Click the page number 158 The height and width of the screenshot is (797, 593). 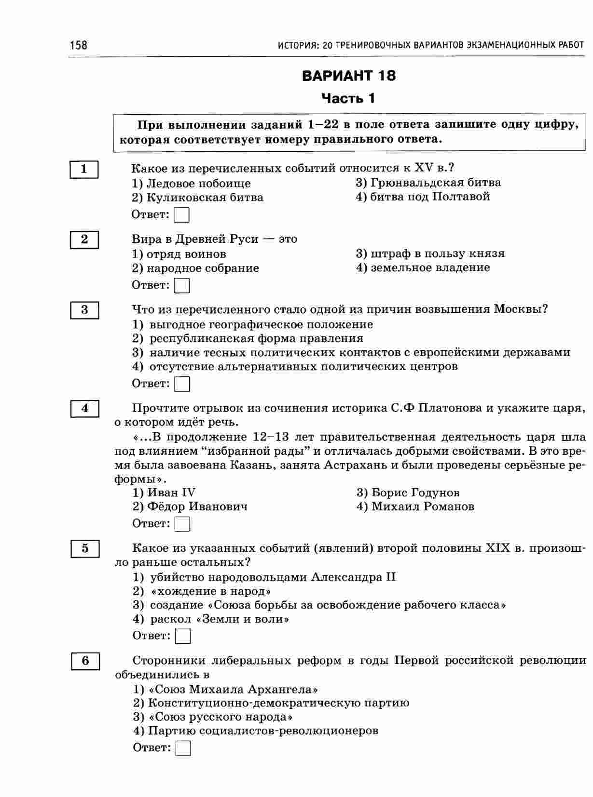(x=78, y=45)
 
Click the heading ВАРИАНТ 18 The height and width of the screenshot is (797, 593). (x=348, y=76)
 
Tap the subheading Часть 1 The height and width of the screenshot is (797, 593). (x=348, y=99)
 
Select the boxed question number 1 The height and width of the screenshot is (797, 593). (x=84, y=169)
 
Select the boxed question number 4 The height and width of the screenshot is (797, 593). (x=85, y=409)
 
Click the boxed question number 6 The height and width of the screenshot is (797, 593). (x=85, y=661)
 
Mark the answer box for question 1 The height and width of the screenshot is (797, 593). (x=181, y=215)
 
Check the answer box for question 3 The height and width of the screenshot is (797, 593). (x=182, y=384)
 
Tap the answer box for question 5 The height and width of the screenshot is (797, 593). (x=182, y=636)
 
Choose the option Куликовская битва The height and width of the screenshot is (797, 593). (x=198, y=198)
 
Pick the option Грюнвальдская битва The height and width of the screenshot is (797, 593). (x=428, y=183)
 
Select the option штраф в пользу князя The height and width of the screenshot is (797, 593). (x=430, y=253)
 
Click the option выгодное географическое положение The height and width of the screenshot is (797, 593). (x=253, y=324)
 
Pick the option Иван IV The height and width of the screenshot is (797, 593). (x=164, y=492)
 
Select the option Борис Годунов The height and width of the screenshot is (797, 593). (x=408, y=492)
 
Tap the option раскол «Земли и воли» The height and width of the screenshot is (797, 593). (x=211, y=619)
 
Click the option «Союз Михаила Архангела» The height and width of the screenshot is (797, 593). (x=225, y=689)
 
